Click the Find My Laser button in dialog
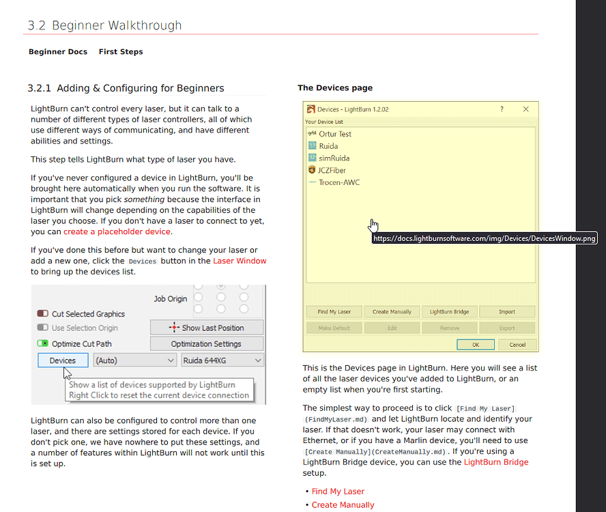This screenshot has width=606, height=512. (x=334, y=312)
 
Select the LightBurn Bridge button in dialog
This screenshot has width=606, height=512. (x=449, y=312)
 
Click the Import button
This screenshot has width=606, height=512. (x=506, y=312)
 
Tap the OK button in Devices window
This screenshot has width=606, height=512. (x=476, y=344)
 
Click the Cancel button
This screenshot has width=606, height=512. (x=517, y=344)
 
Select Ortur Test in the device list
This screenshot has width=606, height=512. (x=334, y=134)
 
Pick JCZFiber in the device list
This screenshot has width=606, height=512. (x=332, y=170)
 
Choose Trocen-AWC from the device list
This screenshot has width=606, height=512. (x=338, y=182)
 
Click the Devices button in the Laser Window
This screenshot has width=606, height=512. (x=63, y=360)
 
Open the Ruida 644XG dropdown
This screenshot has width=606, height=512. (x=222, y=360)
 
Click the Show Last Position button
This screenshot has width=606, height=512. (x=206, y=328)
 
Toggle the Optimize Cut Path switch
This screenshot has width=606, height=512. (x=43, y=343)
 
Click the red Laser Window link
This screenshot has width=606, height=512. (x=240, y=261)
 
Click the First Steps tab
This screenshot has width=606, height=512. (x=121, y=52)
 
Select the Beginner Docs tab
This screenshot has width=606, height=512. (x=58, y=52)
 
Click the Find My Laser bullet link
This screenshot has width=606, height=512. (x=338, y=492)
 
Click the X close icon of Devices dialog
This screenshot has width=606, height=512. (x=525, y=109)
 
